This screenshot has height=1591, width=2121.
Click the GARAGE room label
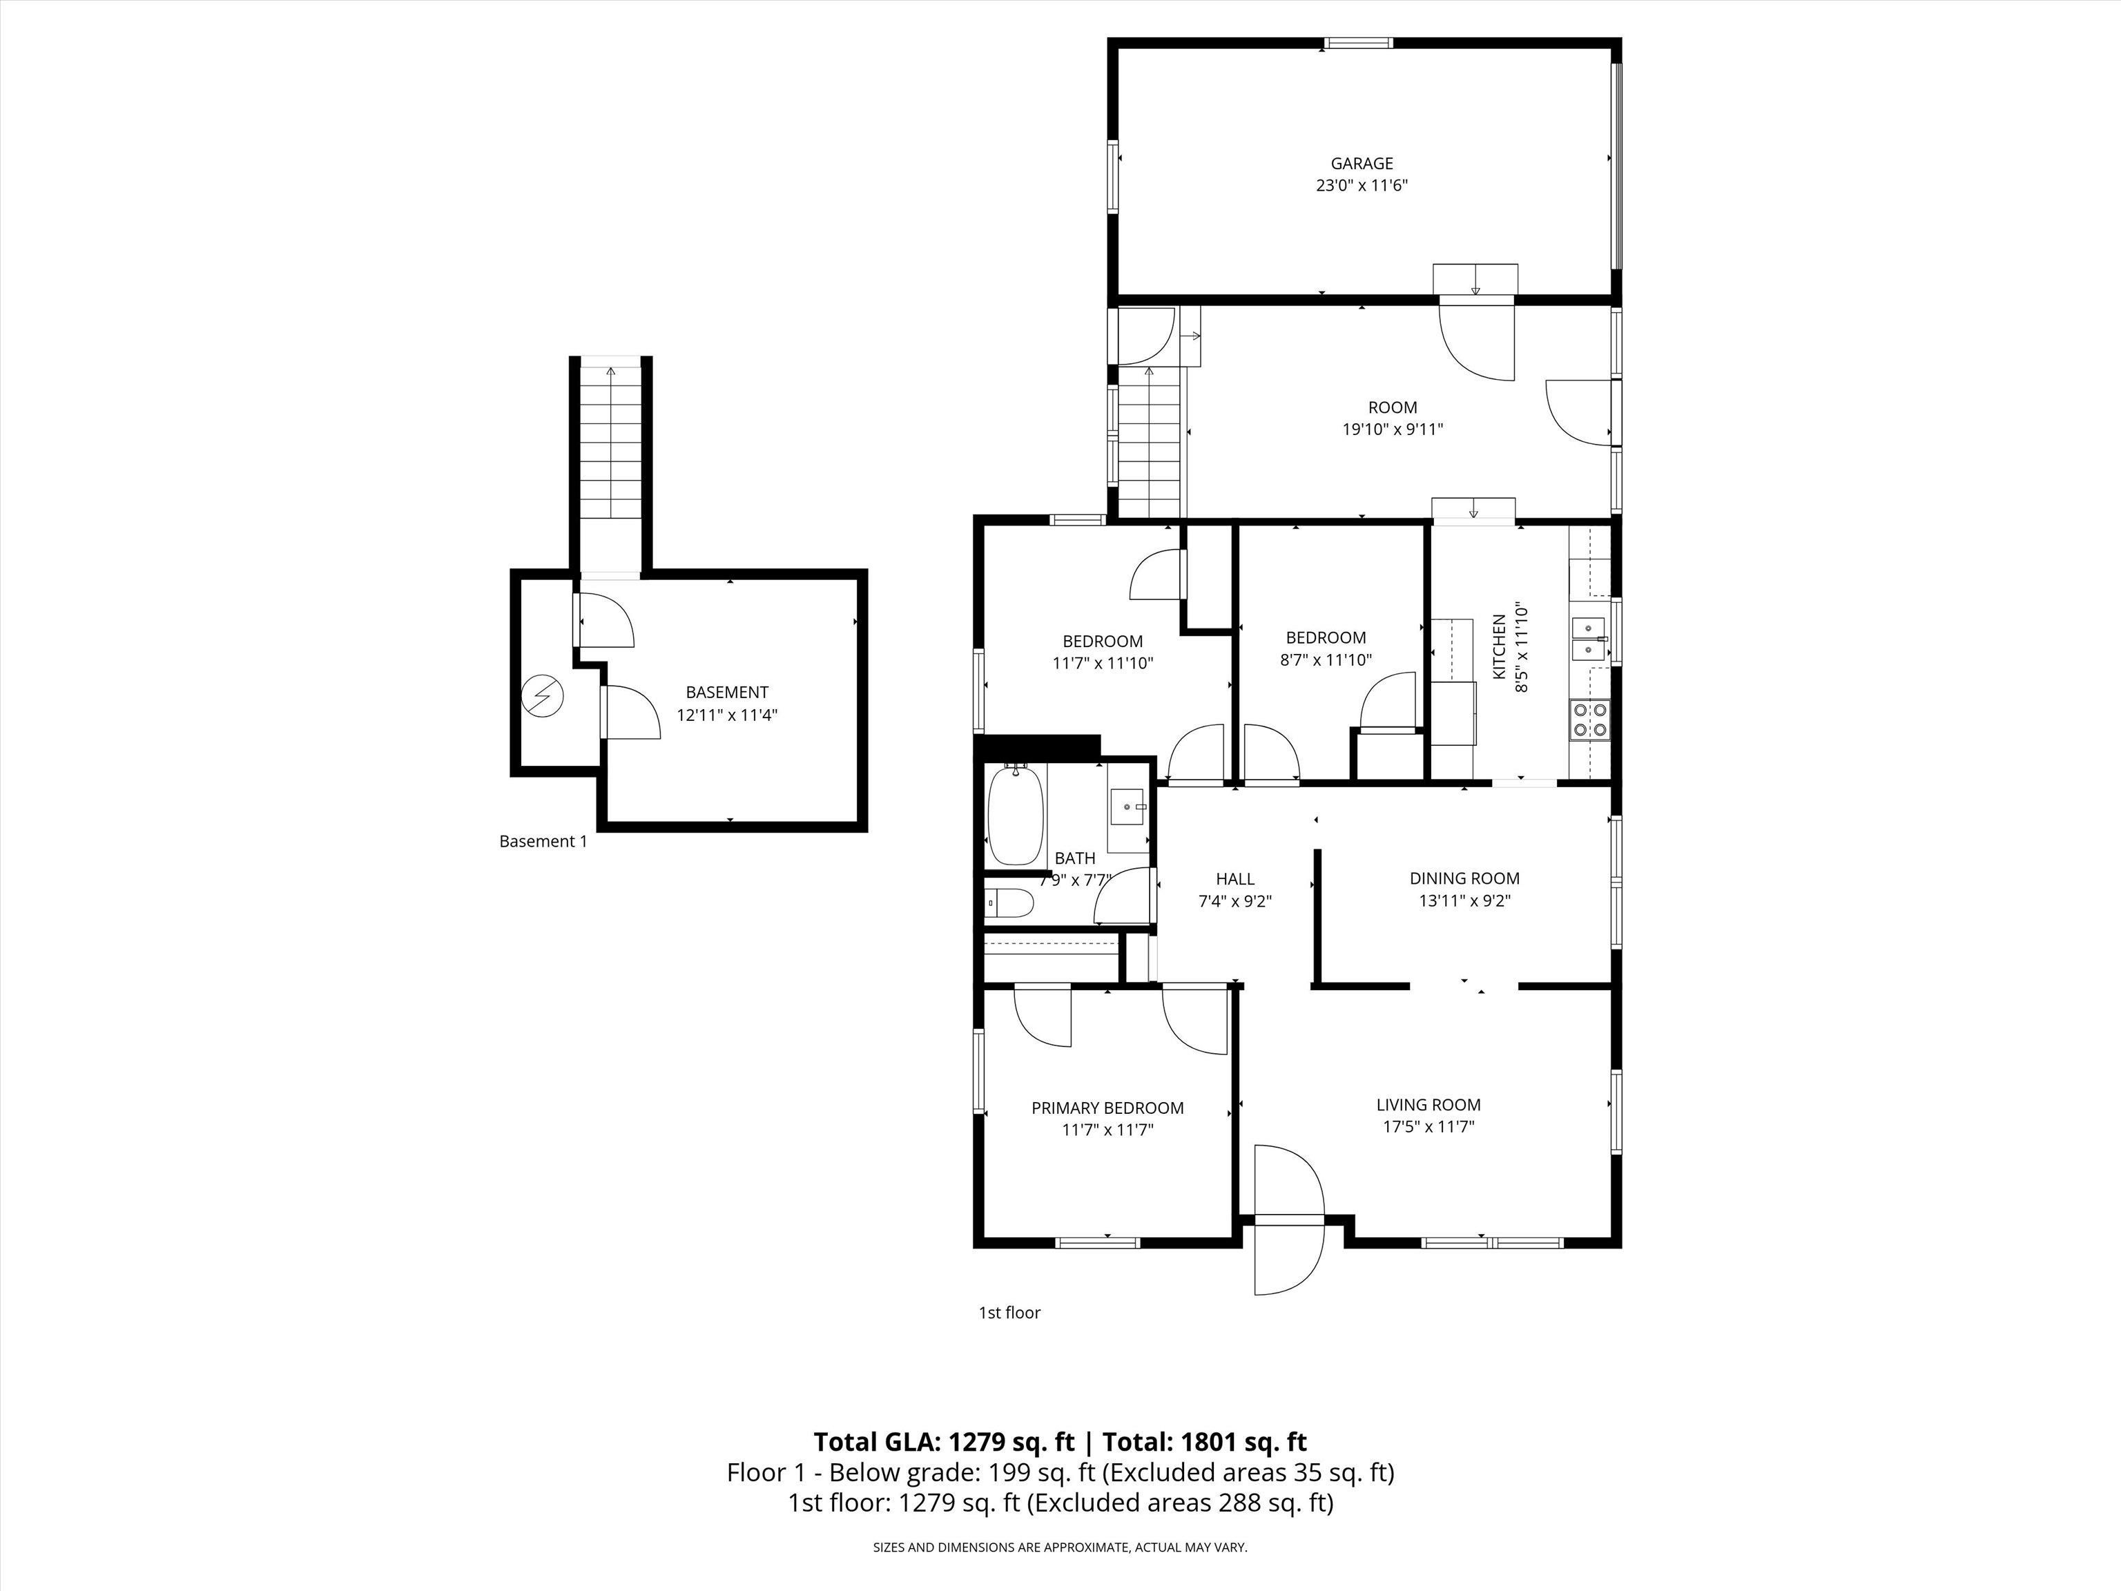click(x=1362, y=164)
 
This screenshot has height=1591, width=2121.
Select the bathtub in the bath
click(x=1014, y=815)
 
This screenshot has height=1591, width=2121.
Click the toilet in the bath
click(x=1009, y=903)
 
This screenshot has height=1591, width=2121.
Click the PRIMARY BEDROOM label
click(x=1107, y=1108)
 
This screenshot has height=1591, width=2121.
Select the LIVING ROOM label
click(x=1428, y=1105)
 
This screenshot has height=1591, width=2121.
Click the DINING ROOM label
click(x=1464, y=878)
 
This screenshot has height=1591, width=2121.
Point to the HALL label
click(x=1235, y=878)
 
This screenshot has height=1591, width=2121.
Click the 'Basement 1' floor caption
click(x=543, y=842)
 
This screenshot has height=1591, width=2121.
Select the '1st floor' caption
click(x=1009, y=1313)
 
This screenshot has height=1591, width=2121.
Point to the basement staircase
click(x=611, y=451)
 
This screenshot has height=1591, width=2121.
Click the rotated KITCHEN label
click(x=1499, y=647)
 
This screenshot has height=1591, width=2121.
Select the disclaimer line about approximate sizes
click(x=1060, y=1547)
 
